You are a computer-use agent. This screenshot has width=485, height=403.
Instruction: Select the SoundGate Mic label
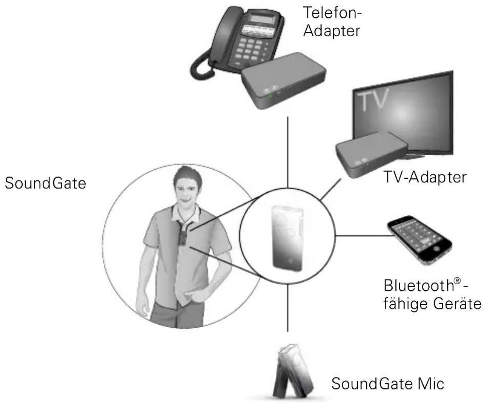pyautogui.click(x=388, y=383)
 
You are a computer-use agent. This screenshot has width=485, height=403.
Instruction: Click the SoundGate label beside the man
pyautogui.click(x=45, y=183)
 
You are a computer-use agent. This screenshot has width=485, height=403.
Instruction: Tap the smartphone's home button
pyautogui.click(x=435, y=248)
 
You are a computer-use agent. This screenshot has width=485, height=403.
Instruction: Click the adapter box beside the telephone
pyautogui.click(x=283, y=81)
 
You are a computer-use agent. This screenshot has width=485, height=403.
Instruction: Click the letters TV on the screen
pyautogui.click(x=372, y=100)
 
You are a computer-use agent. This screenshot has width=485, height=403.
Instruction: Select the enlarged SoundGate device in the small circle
pyautogui.click(x=287, y=238)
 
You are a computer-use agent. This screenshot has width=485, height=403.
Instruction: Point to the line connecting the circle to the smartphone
pyautogui.click(x=365, y=236)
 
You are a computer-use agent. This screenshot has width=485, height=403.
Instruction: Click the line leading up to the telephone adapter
pyautogui.click(x=287, y=152)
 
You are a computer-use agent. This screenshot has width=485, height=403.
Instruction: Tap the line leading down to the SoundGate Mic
pyautogui.click(x=287, y=308)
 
